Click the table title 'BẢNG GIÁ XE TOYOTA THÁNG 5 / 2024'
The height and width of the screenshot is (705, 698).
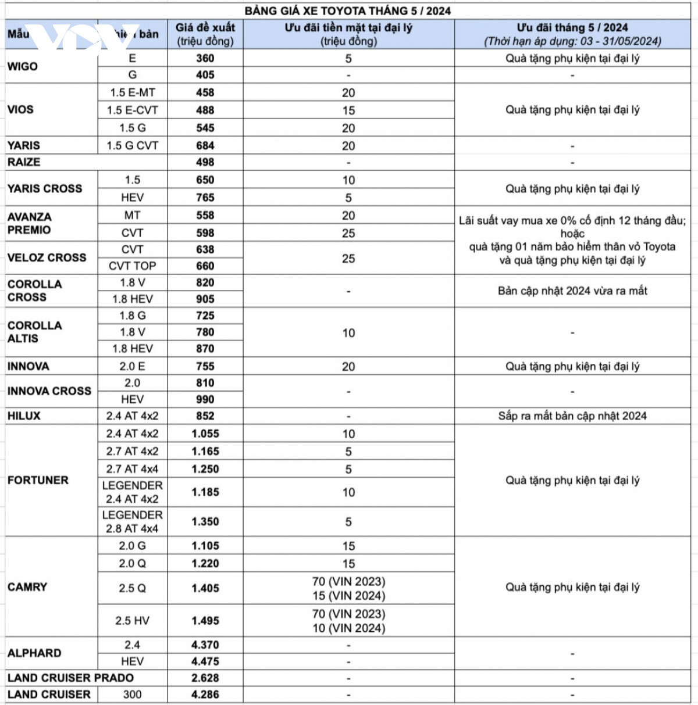[x=348, y=10]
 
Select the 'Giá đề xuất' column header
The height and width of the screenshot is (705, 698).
[x=205, y=27]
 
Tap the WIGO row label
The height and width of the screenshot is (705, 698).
[x=23, y=66]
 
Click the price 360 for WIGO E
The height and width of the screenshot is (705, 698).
[x=205, y=58]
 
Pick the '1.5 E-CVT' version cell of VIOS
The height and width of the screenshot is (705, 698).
[x=132, y=110]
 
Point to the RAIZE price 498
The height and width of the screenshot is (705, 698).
[x=205, y=162]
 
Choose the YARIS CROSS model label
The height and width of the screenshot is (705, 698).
[x=45, y=188]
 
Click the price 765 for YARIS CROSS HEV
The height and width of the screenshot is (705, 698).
[x=205, y=198]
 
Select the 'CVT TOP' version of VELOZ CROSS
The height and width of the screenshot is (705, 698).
[x=132, y=266]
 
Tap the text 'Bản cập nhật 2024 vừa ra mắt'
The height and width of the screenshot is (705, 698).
[x=572, y=291]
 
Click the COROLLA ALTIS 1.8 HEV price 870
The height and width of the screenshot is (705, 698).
[x=205, y=349]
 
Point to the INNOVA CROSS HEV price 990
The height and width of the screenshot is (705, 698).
[x=205, y=399]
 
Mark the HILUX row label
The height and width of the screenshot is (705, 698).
[x=24, y=416]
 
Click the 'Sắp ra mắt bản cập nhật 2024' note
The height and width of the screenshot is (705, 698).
[x=572, y=416]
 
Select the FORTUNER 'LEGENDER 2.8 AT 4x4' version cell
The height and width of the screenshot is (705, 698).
[x=132, y=522]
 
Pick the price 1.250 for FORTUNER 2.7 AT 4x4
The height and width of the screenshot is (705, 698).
[x=205, y=469]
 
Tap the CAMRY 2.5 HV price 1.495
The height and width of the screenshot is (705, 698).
[x=205, y=621]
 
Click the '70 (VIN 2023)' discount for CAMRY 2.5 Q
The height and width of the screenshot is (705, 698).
[x=348, y=581]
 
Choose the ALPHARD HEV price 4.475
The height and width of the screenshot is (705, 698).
[x=205, y=661]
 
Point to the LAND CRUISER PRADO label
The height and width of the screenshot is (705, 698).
[x=70, y=678]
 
